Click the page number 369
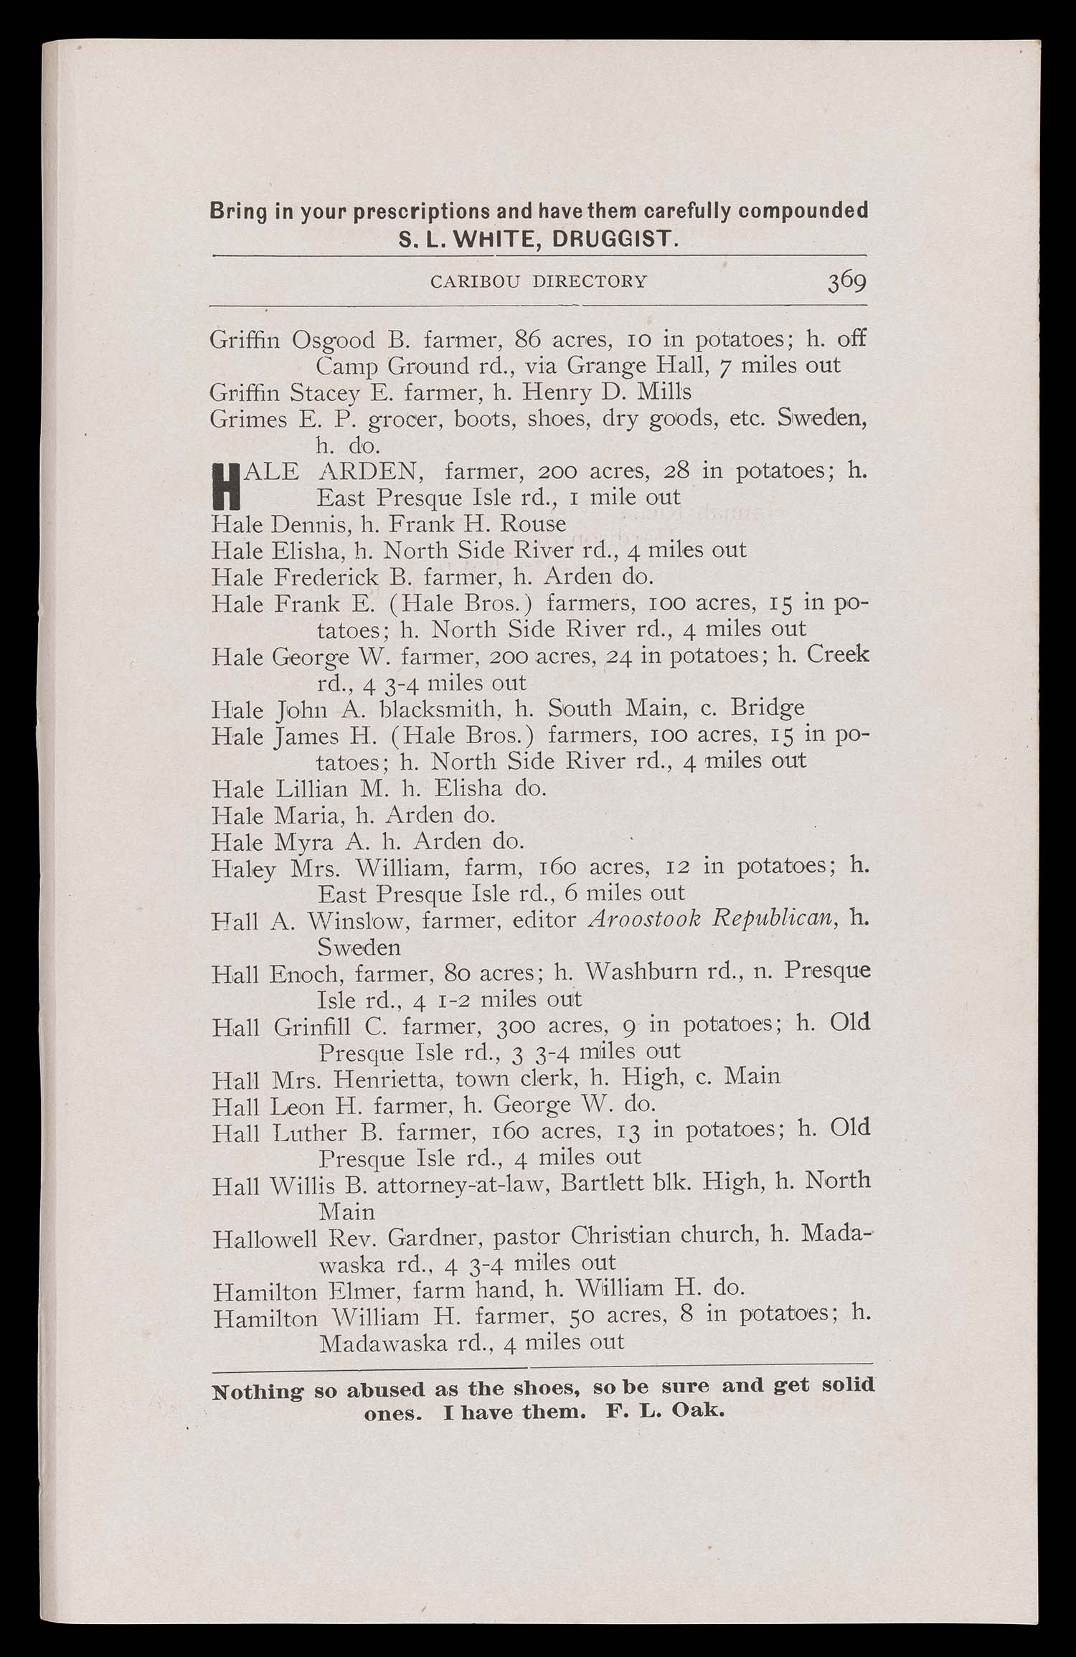tap(846, 280)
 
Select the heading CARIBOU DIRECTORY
tap(538, 281)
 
